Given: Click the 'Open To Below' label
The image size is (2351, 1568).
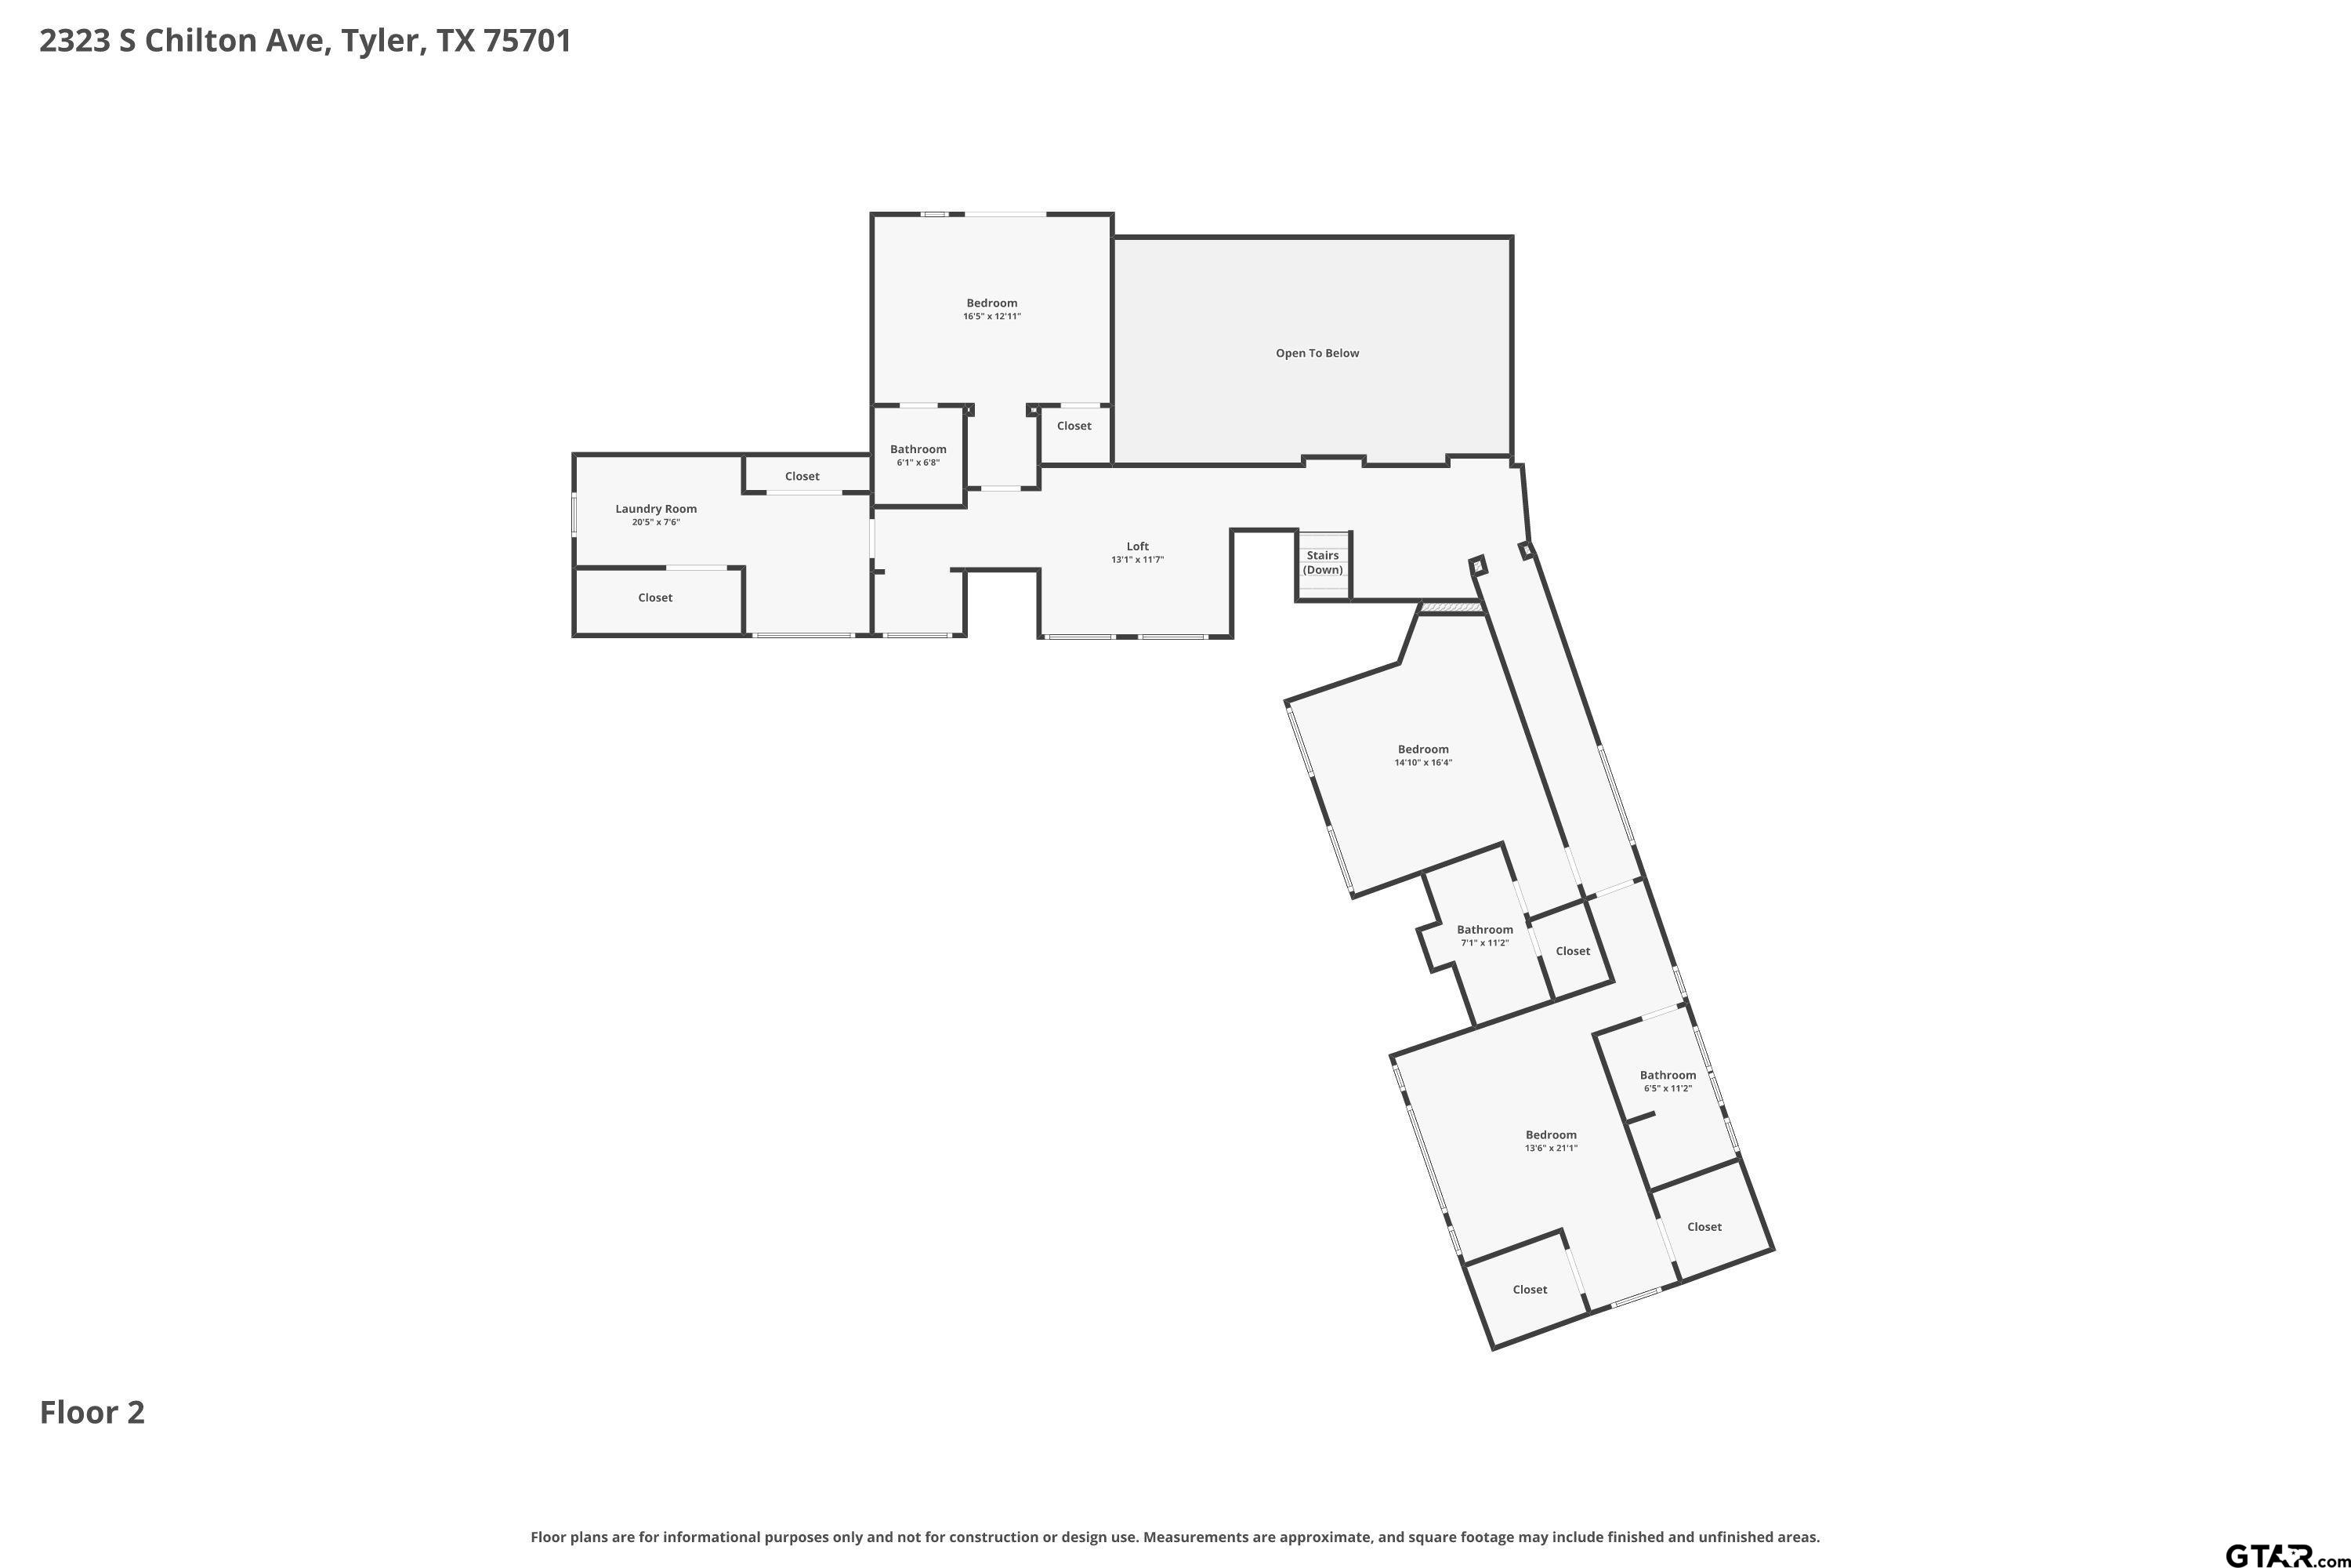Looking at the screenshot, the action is pyautogui.click(x=1317, y=353).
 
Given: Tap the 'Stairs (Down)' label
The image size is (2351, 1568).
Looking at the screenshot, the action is pyautogui.click(x=1323, y=562).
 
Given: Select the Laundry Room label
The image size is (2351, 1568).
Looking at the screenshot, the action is pyautogui.click(x=656, y=509).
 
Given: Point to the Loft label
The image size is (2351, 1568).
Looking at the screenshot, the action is pyautogui.click(x=1138, y=546).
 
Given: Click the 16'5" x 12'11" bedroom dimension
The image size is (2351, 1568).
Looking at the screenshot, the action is pyautogui.click(x=991, y=316).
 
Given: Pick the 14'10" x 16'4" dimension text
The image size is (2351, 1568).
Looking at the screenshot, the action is pyautogui.click(x=1422, y=762).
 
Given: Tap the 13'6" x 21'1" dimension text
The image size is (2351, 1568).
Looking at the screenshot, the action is pyautogui.click(x=1550, y=1148).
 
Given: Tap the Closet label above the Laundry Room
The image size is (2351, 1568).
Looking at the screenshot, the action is pyautogui.click(x=802, y=476).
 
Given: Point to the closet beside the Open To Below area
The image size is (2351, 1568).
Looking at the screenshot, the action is pyautogui.click(x=1074, y=425).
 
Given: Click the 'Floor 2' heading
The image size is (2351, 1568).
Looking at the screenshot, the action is pyautogui.click(x=92, y=1412).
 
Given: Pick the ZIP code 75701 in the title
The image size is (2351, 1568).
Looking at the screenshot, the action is pyautogui.click(x=527, y=41).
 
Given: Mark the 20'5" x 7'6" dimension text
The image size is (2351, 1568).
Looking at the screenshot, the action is pyautogui.click(x=656, y=522).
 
